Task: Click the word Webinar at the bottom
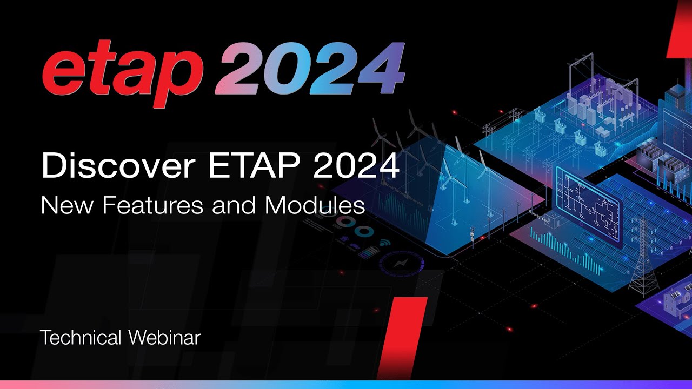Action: coord(164,338)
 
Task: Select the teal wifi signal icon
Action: coord(385,244)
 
